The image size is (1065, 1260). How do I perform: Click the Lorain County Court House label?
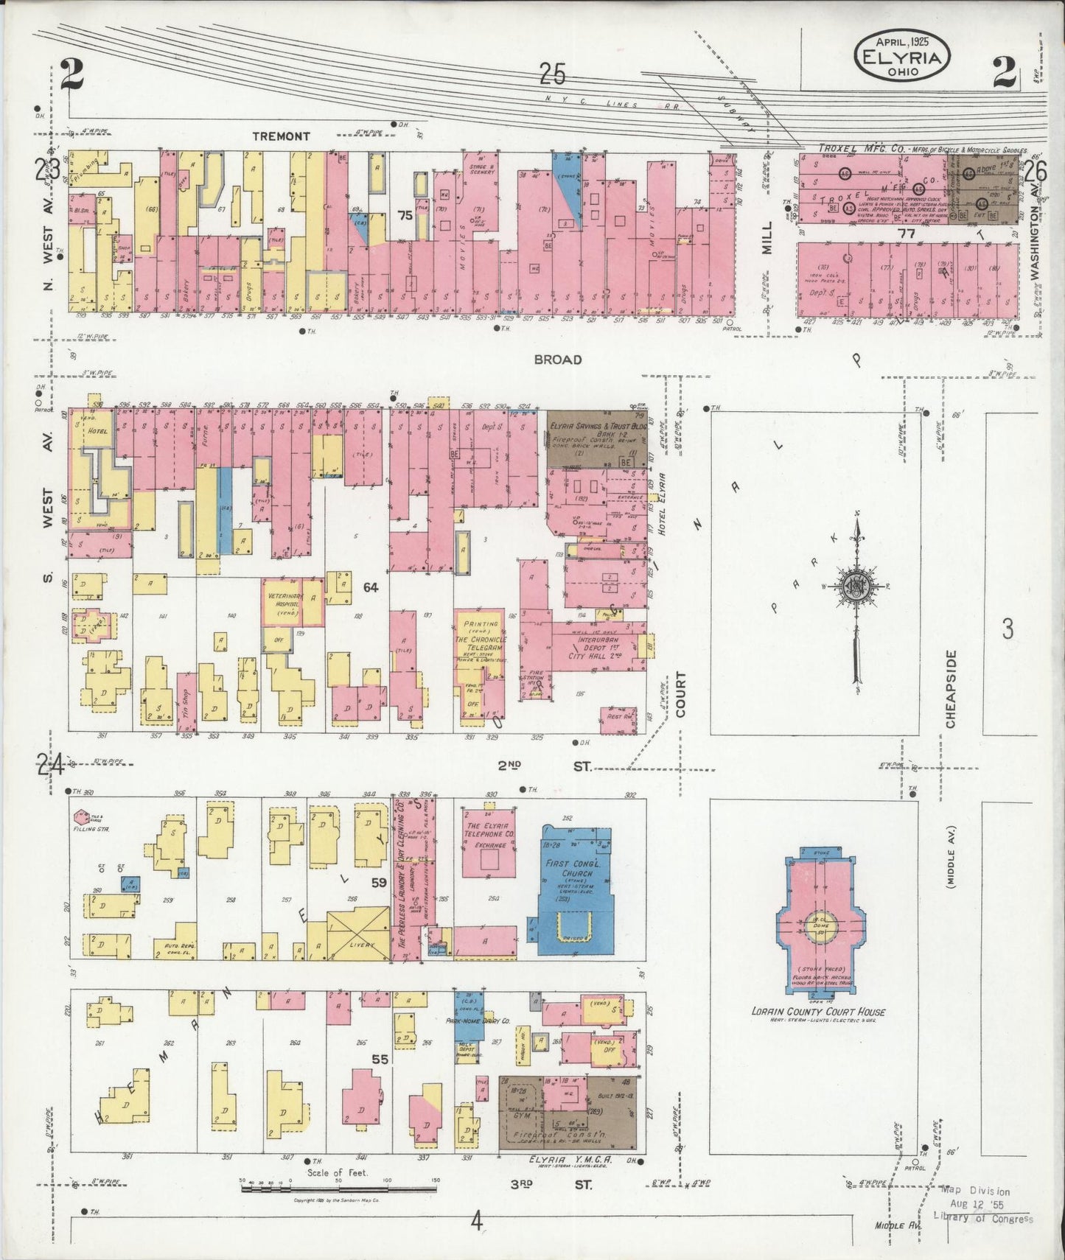(818, 1012)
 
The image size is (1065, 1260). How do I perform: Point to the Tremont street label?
(281, 136)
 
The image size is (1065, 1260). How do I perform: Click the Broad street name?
(558, 360)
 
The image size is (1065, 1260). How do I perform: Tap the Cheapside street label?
(951, 688)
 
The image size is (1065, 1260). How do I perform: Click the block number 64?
(370, 587)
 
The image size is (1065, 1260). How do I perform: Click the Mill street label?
(767, 238)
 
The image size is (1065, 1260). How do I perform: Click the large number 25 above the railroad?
(553, 74)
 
